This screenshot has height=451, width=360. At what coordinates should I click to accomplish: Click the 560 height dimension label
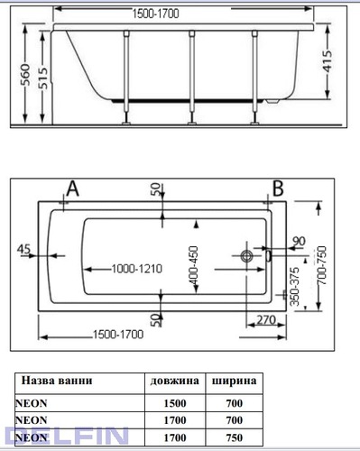[x=26, y=74]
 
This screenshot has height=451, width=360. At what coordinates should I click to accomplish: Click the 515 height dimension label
[x=43, y=78]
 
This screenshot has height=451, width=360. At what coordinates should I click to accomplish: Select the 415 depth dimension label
[x=328, y=61]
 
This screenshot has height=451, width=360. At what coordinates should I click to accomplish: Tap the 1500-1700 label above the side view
[x=156, y=14]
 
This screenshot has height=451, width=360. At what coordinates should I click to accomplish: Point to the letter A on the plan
[x=72, y=189]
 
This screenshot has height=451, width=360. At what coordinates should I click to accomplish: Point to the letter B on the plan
[x=278, y=189]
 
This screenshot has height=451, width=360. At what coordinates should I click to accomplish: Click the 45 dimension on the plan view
[x=23, y=249]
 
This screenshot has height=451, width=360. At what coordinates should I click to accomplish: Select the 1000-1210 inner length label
[x=137, y=269]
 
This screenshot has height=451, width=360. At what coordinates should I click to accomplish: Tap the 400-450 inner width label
[x=194, y=265]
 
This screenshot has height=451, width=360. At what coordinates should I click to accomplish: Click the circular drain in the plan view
[x=247, y=256]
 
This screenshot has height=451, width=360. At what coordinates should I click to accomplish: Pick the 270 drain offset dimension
[x=266, y=320]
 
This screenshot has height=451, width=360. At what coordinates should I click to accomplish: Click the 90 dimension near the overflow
[x=299, y=242]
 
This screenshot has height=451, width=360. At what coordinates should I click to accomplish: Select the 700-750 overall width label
[x=321, y=265]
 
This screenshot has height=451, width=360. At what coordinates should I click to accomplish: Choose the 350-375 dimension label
[x=295, y=287]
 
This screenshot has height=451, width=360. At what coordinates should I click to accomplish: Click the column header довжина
[x=175, y=381]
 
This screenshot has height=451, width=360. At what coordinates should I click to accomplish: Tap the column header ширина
[x=235, y=381]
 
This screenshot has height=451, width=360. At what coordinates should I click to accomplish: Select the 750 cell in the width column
[x=235, y=437]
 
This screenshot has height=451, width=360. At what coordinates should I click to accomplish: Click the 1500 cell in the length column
[x=175, y=403]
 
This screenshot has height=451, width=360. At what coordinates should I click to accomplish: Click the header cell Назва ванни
[x=57, y=381]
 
